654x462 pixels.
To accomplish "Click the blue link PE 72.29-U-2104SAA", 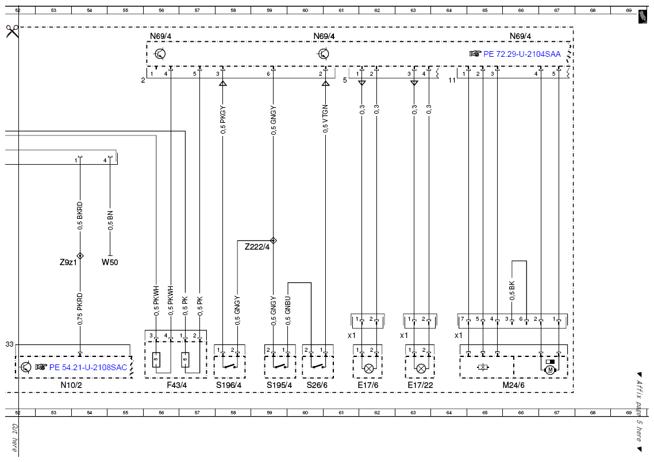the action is pyautogui.click(x=522, y=54).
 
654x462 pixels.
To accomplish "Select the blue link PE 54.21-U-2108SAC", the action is pyautogui.click(x=88, y=367).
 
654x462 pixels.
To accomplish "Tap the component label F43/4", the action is pyautogui.click(x=177, y=385).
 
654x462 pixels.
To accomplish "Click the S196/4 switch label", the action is pyautogui.click(x=229, y=385).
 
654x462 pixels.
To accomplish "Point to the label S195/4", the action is pyautogui.click(x=279, y=385).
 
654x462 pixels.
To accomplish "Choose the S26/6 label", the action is pyautogui.click(x=317, y=385).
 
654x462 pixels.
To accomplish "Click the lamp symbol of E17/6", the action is pyautogui.click(x=369, y=368).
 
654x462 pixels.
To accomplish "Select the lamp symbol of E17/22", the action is pyautogui.click(x=421, y=368).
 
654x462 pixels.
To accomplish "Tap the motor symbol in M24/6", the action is pyautogui.click(x=550, y=370).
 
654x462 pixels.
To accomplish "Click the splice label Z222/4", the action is pyautogui.click(x=257, y=247).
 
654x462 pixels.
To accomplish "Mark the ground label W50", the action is pyautogui.click(x=110, y=262).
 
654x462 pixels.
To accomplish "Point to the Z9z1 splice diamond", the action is pyautogui.click(x=80, y=256).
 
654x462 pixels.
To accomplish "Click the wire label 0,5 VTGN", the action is pyautogui.click(x=325, y=119).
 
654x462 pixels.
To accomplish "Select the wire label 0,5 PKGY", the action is pyautogui.click(x=223, y=120).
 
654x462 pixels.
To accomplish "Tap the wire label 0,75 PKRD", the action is pyautogui.click(x=80, y=309).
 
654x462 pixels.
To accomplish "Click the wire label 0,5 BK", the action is pyautogui.click(x=512, y=291).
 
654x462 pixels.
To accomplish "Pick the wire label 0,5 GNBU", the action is pyautogui.click(x=288, y=311).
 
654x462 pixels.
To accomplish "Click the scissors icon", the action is pyautogui.click(x=13, y=31).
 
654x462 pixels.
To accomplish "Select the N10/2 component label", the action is pyautogui.click(x=71, y=385).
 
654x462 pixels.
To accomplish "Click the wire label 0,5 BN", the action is pyautogui.click(x=110, y=221).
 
